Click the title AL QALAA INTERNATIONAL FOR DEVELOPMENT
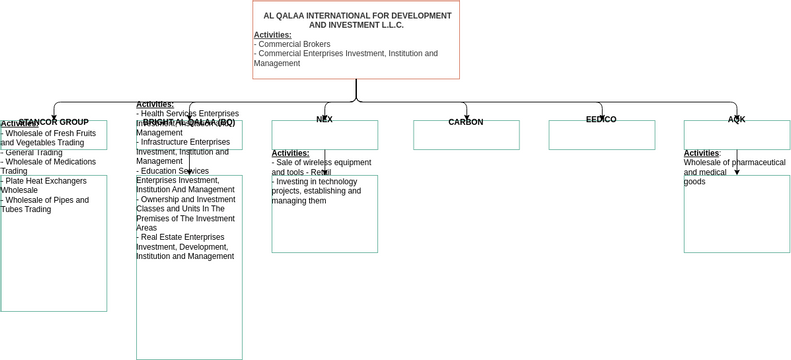pos(356,16)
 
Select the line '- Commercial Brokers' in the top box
pos(293,44)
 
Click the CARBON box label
pos(465,122)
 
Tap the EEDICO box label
pos(600,120)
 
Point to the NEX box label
pos(324,120)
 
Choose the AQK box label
pos(736,120)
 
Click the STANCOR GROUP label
pos(54,122)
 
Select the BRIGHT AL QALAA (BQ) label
pos(189,122)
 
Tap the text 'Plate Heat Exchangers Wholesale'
pos(45,185)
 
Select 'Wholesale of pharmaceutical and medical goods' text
pos(734,172)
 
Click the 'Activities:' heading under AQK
pos(701,153)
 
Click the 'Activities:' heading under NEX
pos(290,153)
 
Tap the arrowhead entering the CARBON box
pos(466,117)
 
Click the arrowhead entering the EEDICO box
pos(601,117)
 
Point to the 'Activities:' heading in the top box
pos(272,35)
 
